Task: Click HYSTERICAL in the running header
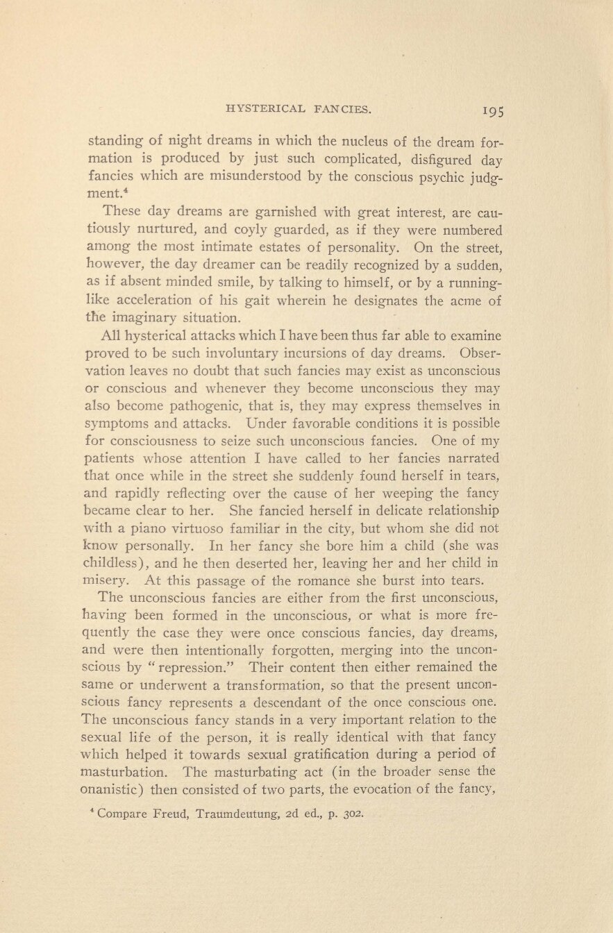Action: pos(256,108)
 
